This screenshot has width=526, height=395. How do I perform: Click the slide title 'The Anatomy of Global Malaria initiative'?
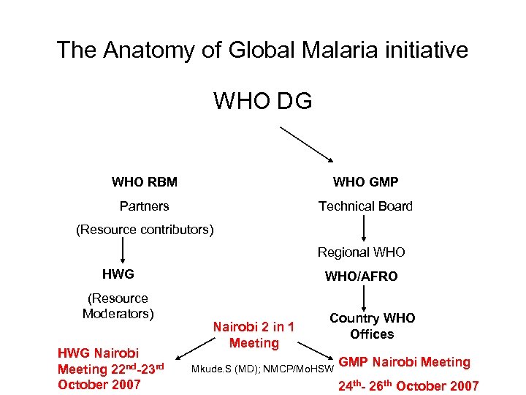(x=262, y=50)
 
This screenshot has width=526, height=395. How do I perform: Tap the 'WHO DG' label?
(x=262, y=100)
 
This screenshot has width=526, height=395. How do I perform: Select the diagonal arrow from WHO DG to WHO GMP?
(x=306, y=143)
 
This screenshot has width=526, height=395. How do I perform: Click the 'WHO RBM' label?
(x=145, y=181)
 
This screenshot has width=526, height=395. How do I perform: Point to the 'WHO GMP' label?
(x=365, y=181)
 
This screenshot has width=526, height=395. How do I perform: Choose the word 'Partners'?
(x=145, y=206)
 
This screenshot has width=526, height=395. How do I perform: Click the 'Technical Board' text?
(x=365, y=206)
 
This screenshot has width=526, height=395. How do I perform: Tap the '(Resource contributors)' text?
(x=145, y=230)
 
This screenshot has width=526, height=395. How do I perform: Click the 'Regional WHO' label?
(x=361, y=252)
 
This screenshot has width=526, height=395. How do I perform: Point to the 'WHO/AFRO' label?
(x=361, y=276)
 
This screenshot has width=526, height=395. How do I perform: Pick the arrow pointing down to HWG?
(x=123, y=252)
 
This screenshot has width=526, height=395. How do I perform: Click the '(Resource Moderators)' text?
(x=118, y=306)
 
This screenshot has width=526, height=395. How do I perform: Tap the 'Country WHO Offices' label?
(x=372, y=326)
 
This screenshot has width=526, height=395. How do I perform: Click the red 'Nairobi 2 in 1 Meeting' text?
(x=254, y=334)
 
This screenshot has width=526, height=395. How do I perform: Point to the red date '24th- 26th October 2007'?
(x=408, y=385)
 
